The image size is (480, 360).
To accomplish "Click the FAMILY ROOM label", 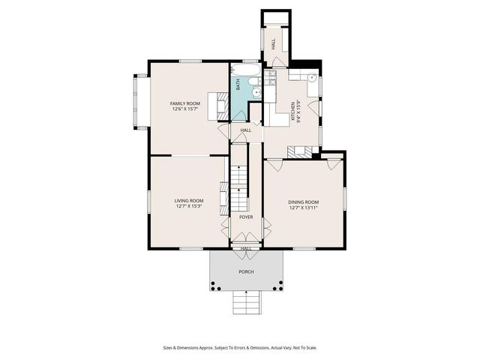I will [184, 103].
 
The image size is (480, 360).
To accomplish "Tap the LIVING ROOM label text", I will [189, 200].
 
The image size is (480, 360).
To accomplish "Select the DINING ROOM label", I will [303, 202].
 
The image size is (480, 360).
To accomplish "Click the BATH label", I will [238, 86].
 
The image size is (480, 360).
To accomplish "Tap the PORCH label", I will [246, 271].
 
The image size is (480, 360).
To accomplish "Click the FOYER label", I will [246, 217].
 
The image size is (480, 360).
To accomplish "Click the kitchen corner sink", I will [311, 76].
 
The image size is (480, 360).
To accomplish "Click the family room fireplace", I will [222, 106].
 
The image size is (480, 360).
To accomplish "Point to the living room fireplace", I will [223, 196].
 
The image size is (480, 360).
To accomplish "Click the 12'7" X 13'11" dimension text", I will [303, 208].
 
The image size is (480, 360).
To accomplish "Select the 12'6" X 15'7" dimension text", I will [184, 109].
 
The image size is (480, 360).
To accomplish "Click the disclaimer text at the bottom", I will [240, 347].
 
